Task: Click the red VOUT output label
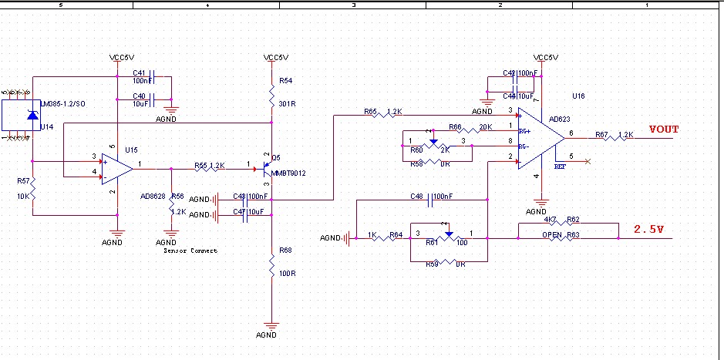[x=664, y=130]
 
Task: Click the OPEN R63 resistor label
[x=561, y=234]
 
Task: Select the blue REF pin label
[x=561, y=165]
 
